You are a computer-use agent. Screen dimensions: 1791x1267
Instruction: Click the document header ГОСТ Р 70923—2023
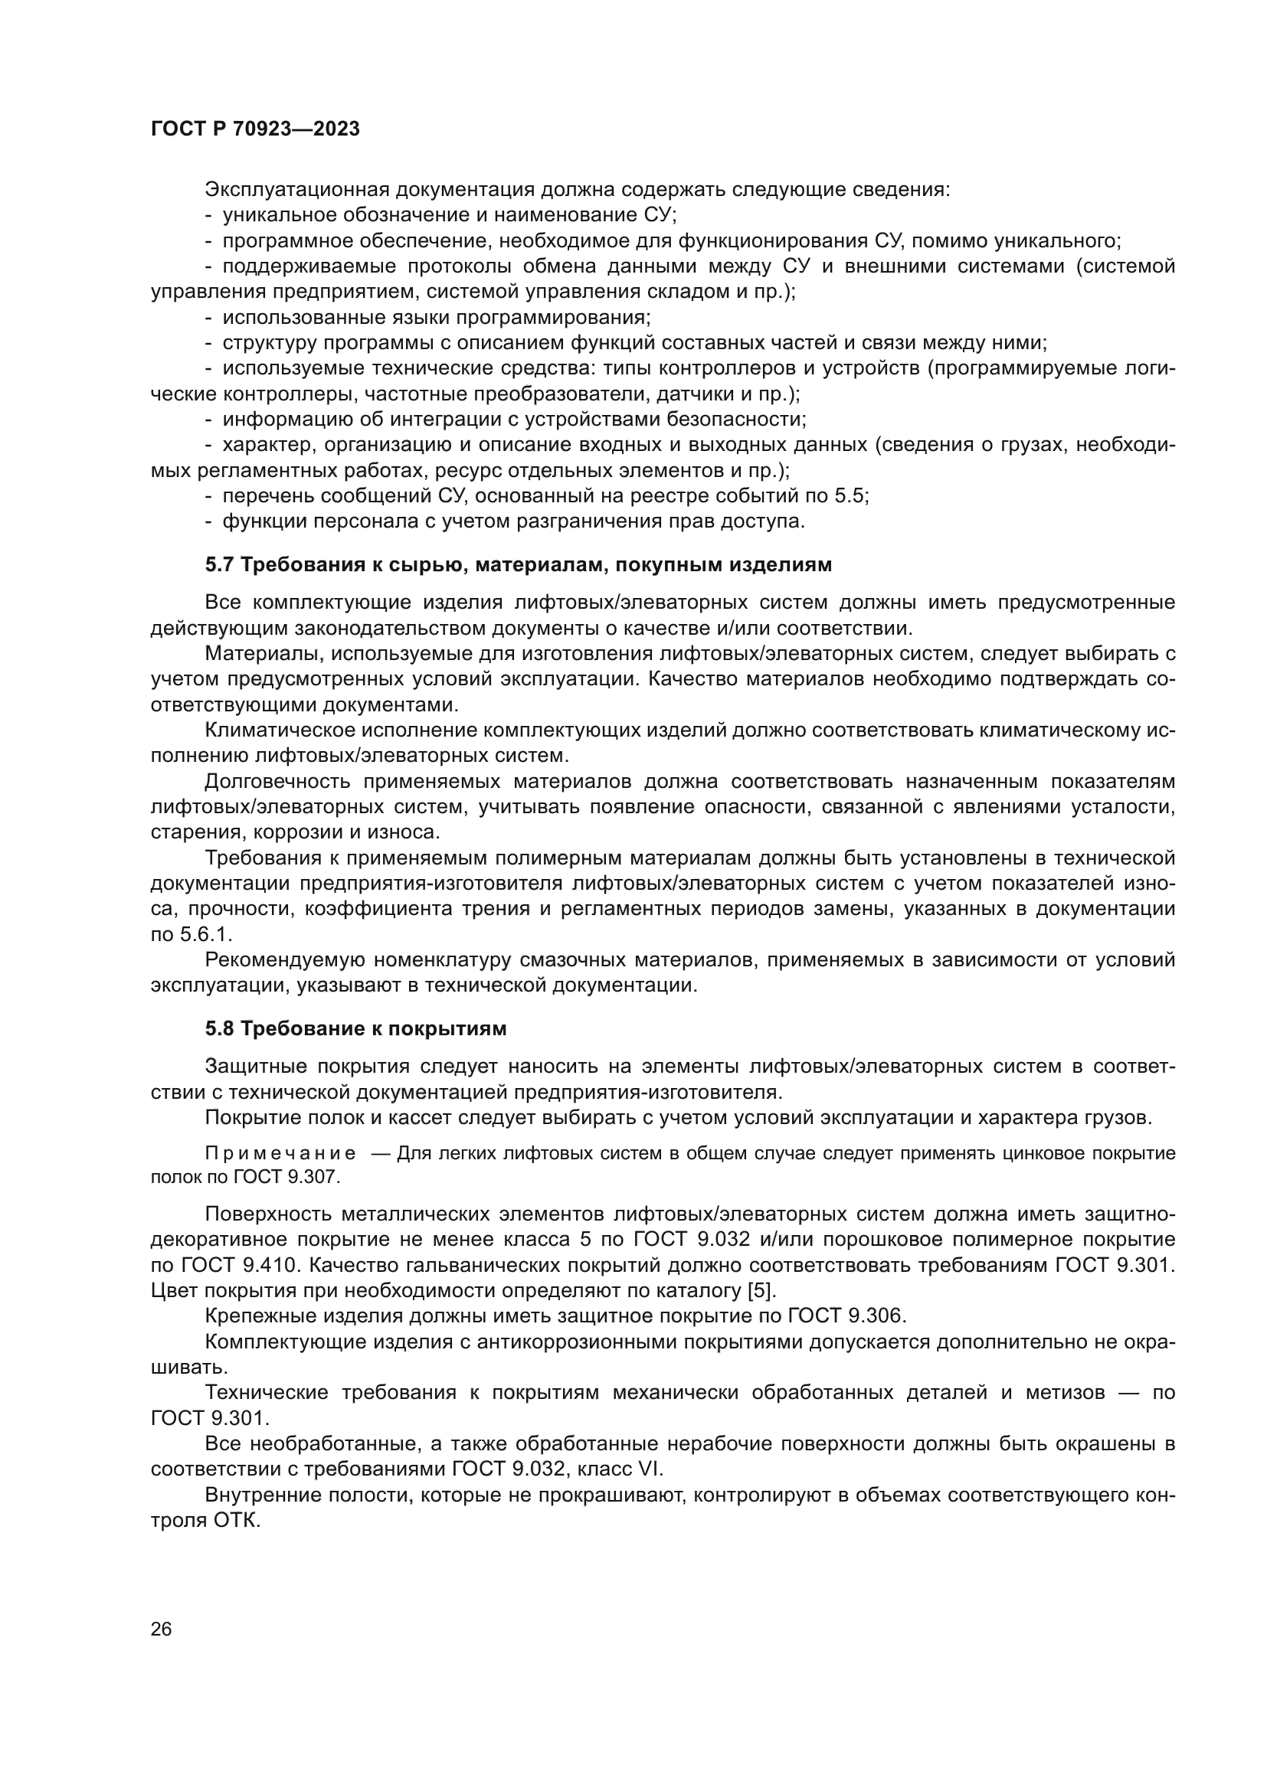pyautogui.click(x=255, y=129)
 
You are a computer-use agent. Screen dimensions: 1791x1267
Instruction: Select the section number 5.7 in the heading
pyautogui.click(x=219, y=565)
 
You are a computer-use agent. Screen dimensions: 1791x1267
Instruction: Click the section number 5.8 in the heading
pyautogui.click(x=219, y=1029)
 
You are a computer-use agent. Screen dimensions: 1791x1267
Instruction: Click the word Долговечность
pyautogui.click(x=279, y=782)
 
